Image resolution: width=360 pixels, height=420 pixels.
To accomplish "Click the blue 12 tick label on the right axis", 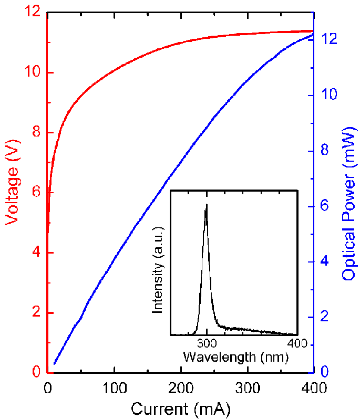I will coord(329,40).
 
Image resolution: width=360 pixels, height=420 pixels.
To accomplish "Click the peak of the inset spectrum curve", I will coord(207,204).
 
